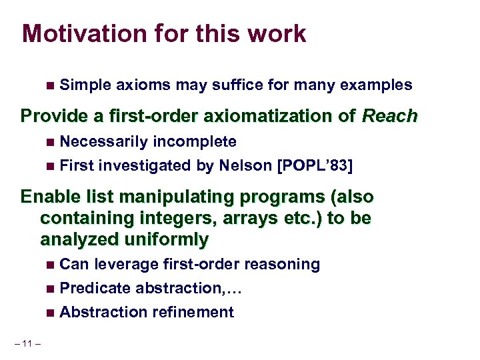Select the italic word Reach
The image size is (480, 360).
[x=389, y=116]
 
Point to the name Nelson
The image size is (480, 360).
[x=245, y=165]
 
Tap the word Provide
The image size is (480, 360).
[x=49, y=116]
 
